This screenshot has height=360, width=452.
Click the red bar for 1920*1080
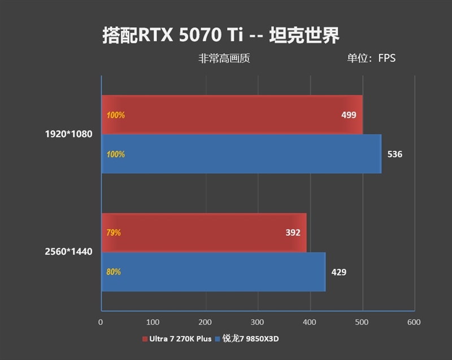(x=232, y=115)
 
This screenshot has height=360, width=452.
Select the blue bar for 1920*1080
(x=241, y=154)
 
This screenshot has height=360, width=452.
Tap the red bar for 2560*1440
(x=203, y=232)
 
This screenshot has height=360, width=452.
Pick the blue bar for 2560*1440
(x=214, y=272)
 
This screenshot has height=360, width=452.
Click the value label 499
(x=349, y=115)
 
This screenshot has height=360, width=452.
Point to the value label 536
(x=395, y=154)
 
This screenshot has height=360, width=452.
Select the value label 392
(x=293, y=232)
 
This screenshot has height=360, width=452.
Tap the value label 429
(x=339, y=272)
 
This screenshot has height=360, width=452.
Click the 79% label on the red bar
(x=114, y=232)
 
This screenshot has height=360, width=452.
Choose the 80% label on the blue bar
(x=114, y=272)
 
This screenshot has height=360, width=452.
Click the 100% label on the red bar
(x=115, y=115)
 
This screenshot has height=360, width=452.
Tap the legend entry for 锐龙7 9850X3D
(x=252, y=339)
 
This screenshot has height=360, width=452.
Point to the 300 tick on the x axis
(x=258, y=322)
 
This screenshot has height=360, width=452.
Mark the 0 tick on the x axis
(x=101, y=322)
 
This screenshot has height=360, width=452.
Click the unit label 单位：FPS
(x=371, y=58)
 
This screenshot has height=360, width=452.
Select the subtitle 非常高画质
(x=224, y=58)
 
